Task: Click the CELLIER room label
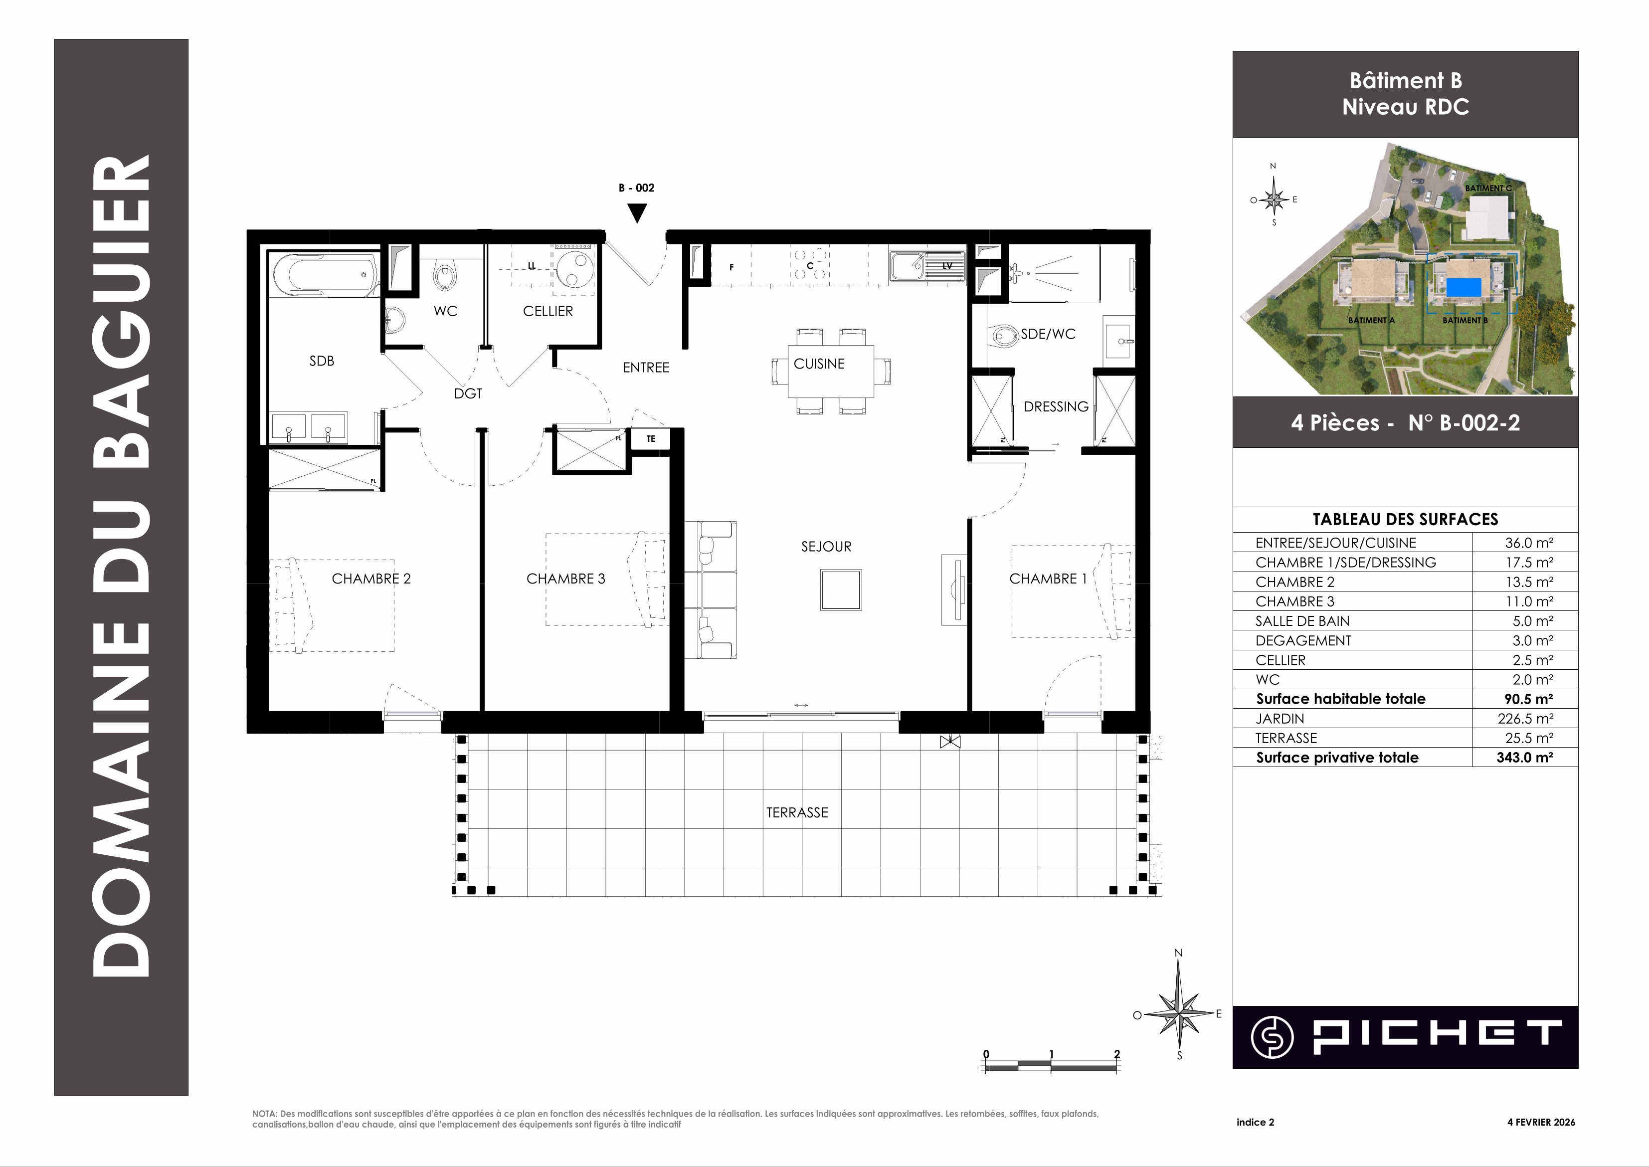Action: tap(548, 311)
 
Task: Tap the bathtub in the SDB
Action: tap(326, 274)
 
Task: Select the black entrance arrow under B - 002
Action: tap(637, 213)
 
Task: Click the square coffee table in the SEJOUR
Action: tap(841, 589)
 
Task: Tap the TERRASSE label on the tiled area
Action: tap(797, 813)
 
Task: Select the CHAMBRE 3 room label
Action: tap(565, 579)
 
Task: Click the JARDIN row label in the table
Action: tap(1280, 719)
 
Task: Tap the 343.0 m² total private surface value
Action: tap(1525, 758)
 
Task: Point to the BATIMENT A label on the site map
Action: tap(1371, 321)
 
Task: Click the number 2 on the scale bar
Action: tap(1116, 1054)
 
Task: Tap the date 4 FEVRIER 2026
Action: tap(1540, 1122)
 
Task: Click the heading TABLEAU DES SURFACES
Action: tap(1406, 520)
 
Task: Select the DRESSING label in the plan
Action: tap(1056, 407)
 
